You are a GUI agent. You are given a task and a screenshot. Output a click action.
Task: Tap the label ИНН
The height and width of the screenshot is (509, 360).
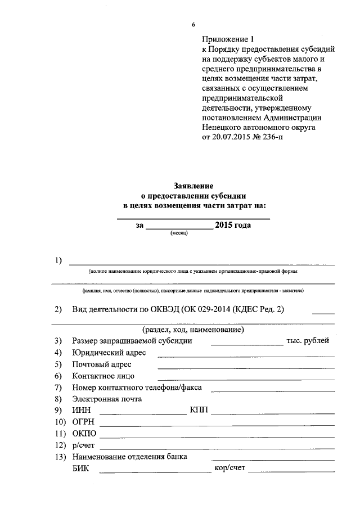81,410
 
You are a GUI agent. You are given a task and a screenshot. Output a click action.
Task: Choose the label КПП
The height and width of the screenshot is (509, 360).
199,410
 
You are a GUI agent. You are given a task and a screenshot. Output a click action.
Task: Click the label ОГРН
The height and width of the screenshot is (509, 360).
83,422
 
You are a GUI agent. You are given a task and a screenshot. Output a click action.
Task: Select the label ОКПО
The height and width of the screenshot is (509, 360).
84,434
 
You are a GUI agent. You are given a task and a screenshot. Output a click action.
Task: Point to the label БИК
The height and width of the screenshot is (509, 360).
81,469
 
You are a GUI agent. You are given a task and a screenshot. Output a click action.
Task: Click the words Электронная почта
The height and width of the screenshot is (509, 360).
107,399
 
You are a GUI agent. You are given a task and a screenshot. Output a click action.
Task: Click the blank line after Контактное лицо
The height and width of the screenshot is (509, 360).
246,379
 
